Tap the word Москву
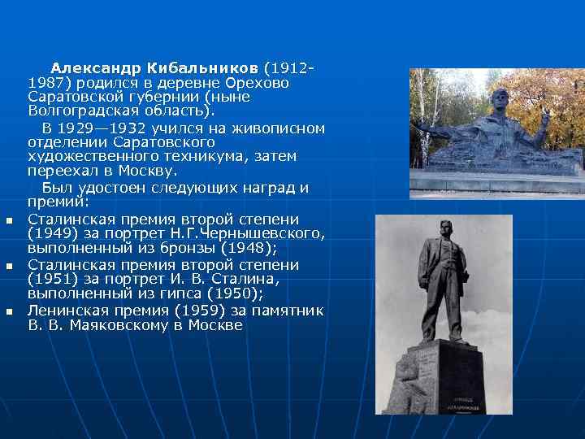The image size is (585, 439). coord(145,171)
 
